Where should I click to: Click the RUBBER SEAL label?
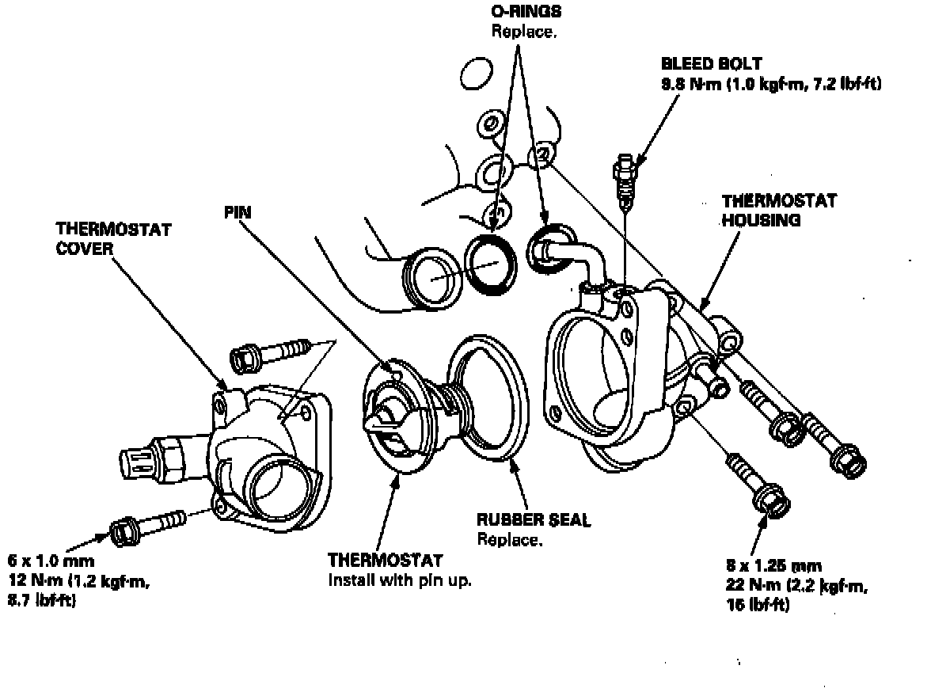point(534,521)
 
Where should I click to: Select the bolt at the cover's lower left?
point(150,526)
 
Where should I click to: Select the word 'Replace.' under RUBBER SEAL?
point(510,540)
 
